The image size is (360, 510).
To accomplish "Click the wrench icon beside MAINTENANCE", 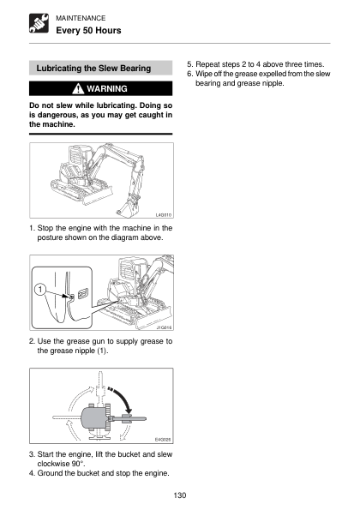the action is pos(39,23).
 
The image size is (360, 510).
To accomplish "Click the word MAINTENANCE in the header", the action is pos(81,18).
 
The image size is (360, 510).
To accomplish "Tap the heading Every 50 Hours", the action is pos(88,31).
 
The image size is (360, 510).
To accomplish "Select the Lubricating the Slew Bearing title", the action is pos(93,69).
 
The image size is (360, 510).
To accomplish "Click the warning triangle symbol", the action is pos(78,88).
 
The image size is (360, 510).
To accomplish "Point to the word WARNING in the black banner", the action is pos(107,89).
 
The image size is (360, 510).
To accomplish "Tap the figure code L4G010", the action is pos(164,215).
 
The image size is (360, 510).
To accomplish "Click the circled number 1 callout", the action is pos(40,290).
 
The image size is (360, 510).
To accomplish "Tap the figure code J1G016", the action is pos(165,327).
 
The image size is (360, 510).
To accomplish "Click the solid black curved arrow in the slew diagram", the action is pos(123,398).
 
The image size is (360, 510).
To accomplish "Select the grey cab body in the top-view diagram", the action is pos(93,417).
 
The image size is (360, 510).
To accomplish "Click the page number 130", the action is pos(180,495).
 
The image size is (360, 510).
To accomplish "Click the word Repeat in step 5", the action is pos(207,64).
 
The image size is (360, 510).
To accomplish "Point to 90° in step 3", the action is pos(78,464).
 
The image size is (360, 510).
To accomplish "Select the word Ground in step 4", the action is pos(50,473).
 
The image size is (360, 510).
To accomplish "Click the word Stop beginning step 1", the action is pos(45,228).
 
